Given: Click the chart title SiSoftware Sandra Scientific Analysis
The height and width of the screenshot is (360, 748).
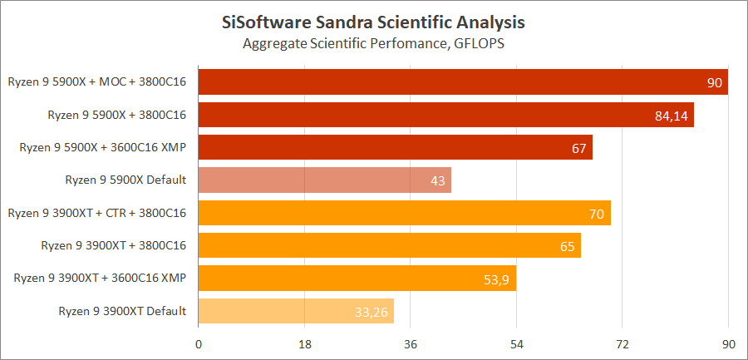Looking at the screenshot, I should click(x=374, y=19).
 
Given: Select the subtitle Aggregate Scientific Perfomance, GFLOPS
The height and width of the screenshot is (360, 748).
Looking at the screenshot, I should click(x=374, y=42).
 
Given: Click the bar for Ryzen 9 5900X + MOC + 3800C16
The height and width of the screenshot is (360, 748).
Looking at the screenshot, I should click(x=463, y=82).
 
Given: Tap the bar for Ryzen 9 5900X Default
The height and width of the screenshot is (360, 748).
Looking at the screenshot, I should click(x=324, y=180).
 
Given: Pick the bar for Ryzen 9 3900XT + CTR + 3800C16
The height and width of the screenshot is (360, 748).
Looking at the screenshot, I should click(x=404, y=213).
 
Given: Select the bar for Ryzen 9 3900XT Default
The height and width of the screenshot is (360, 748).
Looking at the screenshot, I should click(x=296, y=311).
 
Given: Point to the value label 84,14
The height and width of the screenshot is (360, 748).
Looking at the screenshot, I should click(x=672, y=116).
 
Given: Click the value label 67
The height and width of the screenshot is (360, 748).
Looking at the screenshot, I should click(x=579, y=148).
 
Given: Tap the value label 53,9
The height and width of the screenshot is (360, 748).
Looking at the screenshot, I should click(x=495, y=279).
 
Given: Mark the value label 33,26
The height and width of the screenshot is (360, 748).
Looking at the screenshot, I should click(x=372, y=312).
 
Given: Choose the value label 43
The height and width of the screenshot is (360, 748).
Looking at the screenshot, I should click(x=438, y=180).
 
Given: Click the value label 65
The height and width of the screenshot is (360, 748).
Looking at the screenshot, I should click(x=568, y=246).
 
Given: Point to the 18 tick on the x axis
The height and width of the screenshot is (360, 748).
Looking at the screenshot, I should click(x=304, y=344).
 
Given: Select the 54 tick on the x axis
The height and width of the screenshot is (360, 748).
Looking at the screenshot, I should click(x=516, y=344).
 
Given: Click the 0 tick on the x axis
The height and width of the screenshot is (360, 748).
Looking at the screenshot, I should click(x=199, y=344).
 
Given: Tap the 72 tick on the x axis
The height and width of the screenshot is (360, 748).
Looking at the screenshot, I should click(x=623, y=344).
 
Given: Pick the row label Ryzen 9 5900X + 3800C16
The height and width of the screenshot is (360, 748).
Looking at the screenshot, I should click(x=117, y=115).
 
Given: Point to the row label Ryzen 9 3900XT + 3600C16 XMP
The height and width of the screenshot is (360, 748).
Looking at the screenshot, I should click(x=100, y=279).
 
